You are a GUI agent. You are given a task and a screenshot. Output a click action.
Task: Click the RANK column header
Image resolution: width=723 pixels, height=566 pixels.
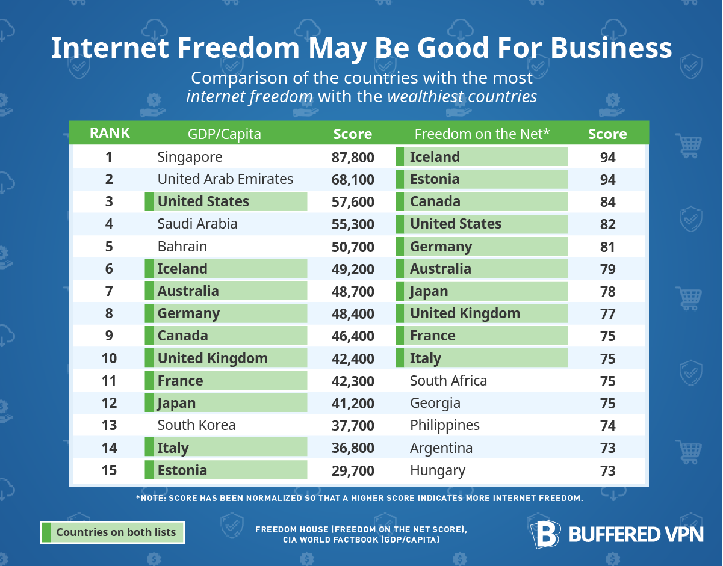coord(109,133)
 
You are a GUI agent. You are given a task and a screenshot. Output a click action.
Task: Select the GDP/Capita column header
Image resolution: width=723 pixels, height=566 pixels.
coord(225,134)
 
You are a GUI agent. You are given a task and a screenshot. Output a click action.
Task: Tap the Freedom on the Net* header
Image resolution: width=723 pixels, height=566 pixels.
coord(482,134)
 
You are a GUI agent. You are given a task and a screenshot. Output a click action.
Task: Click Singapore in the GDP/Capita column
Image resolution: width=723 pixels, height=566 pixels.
coord(190,157)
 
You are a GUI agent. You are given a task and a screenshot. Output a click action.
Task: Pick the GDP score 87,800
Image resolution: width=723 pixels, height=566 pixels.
coord(353,158)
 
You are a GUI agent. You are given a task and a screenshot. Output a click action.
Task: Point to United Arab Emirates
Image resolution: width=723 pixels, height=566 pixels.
coord(225,179)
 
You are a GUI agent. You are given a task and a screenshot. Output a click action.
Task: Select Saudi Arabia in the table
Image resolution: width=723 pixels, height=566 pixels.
coord(197,224)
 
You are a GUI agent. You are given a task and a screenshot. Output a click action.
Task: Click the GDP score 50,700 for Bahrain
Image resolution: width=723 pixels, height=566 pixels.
coord(353,247)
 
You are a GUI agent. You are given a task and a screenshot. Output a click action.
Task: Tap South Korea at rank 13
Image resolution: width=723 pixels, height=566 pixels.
coord(196,425)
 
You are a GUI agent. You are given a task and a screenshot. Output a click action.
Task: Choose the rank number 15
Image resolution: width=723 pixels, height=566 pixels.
coord(109,470)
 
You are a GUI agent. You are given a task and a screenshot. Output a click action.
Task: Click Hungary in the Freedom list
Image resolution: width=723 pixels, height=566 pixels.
coord(438,470)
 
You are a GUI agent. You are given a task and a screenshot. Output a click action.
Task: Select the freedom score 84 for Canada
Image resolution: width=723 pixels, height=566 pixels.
coord(607,202)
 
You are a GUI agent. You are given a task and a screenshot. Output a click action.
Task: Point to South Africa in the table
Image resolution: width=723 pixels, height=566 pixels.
coord(448,381)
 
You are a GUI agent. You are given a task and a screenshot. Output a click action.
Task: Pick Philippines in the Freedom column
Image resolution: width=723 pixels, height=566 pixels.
coord(445,425)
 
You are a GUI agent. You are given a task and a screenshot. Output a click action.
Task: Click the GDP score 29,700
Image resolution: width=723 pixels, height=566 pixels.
coord(353,470)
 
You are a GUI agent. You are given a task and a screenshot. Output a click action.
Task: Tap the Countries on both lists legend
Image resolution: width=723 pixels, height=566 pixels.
coord(113,532)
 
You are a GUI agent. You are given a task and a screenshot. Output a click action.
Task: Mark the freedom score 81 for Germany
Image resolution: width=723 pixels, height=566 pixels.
coord(607,247)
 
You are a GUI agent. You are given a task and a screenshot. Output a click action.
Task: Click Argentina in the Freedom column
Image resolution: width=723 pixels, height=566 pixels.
coord(441,448)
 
